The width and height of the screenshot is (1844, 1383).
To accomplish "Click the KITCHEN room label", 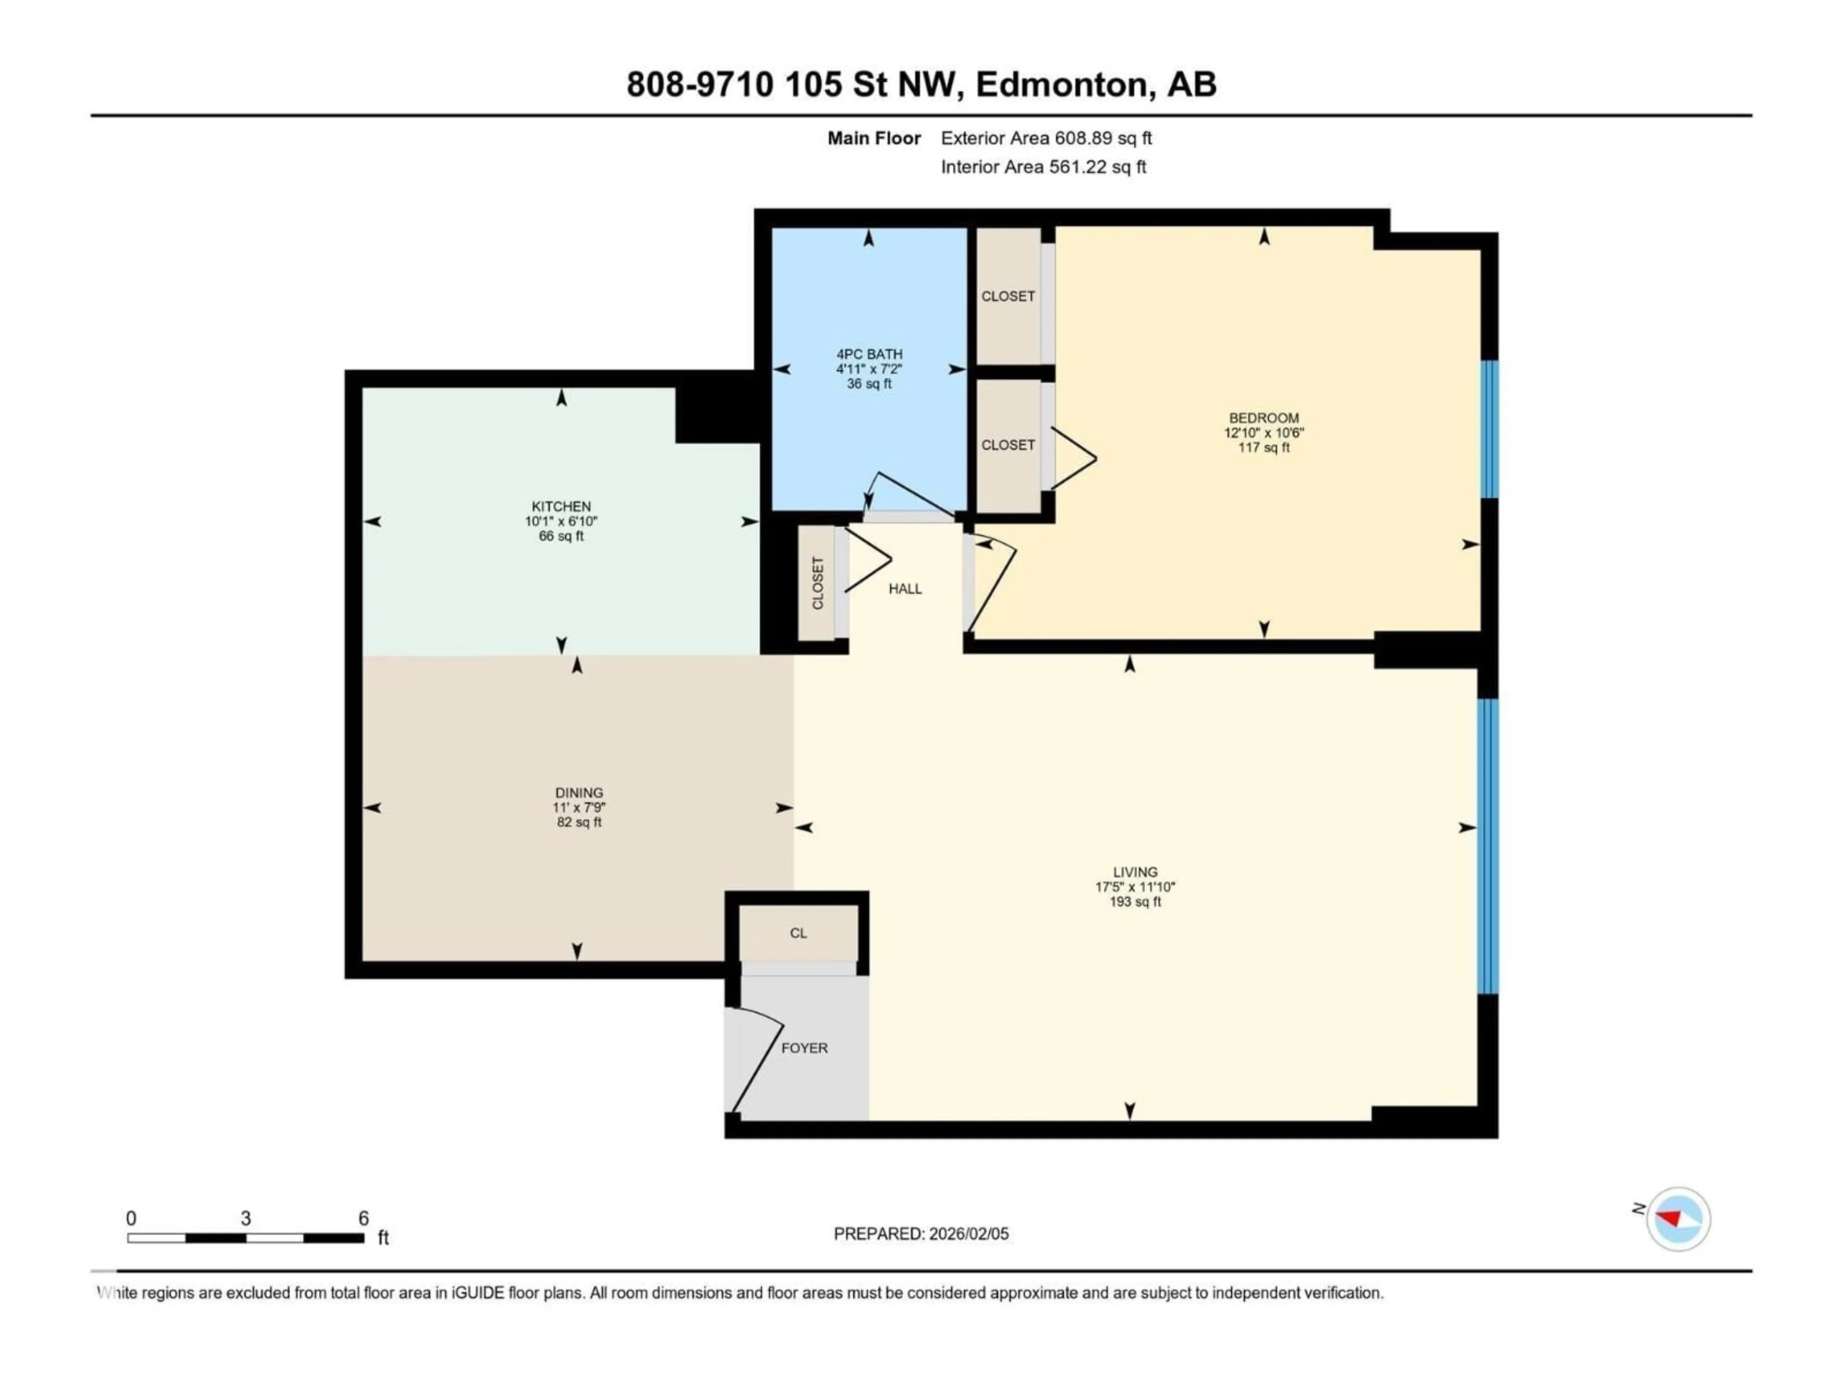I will coord(561,506).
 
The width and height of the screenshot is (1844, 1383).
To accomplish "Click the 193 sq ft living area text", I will coord(1135,902).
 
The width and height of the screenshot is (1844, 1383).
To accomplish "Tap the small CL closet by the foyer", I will coord(798,933).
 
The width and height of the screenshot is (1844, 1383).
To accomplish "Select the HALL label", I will coord(905,589).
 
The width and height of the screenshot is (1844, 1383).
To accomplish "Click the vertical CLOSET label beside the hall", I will coord(817,582).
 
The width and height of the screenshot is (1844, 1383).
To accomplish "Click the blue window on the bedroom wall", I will coord(1488,429).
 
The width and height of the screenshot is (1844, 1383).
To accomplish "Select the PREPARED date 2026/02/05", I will coord(921,1234).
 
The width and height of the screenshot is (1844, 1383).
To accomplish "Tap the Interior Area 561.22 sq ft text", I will coord(1043,167).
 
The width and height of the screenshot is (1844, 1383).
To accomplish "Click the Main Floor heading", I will coord(873,138).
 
